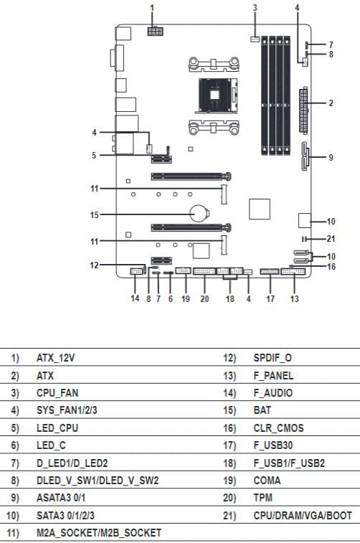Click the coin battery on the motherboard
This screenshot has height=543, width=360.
tap(199, 214)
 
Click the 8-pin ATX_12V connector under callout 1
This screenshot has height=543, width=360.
tap(155, 31)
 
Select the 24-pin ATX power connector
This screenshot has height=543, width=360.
tap(303, 110)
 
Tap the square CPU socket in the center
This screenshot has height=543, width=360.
tap(217, 95)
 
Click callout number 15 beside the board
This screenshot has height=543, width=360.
tap(95, 215)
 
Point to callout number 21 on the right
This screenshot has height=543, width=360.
tap(331, 239)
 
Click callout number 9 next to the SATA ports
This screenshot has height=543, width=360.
tap(331, 158)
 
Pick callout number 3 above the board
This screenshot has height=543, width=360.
tap(255, 7)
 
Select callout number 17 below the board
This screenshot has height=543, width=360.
tap(270, 298)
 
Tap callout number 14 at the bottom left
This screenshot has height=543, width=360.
tap(135, 298)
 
